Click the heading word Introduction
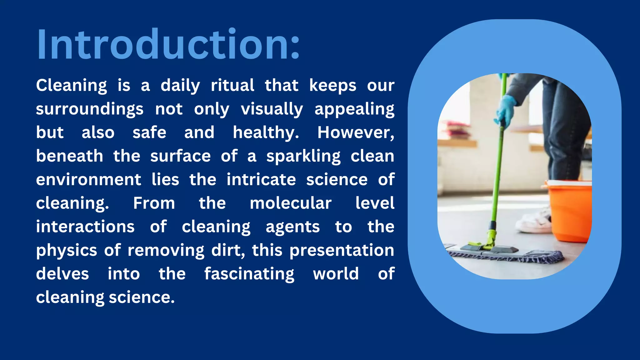(168, 44)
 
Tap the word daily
(180, 86)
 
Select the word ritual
(232, 86)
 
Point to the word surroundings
(90, 109)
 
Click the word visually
(272, 109)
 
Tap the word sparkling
(303, 156)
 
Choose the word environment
(88, 180)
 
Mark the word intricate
(261, 180)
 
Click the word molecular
(291, 203)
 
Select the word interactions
(85, 227)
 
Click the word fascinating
(249, 274)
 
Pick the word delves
(62, 274)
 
